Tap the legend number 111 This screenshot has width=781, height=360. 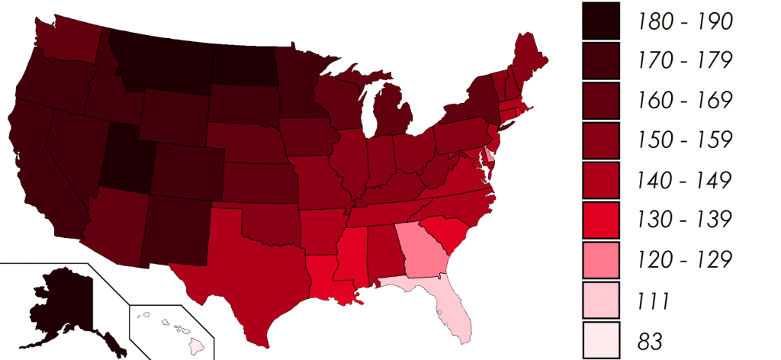point(654,300)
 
